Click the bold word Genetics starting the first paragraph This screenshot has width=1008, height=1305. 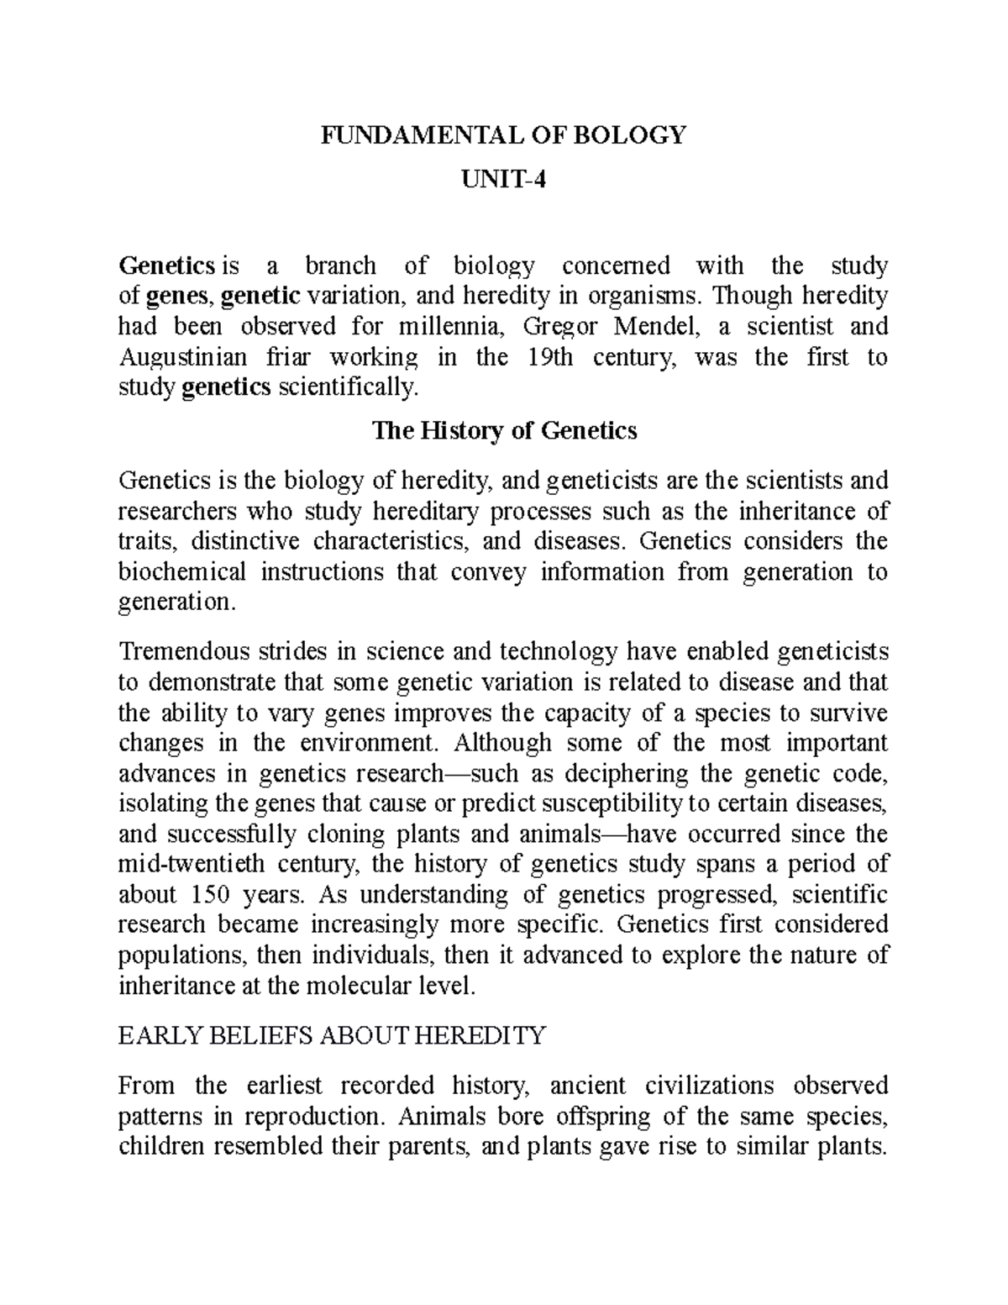tap(167, 266)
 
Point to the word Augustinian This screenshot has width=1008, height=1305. tap(183, 357)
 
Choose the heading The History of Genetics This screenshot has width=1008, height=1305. tap(504, 431)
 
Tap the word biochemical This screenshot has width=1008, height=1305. tap(182, 572)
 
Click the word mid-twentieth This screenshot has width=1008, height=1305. tap(191, 864)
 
